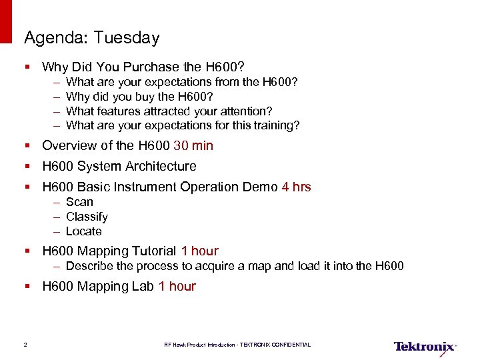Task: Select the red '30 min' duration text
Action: point(193,145)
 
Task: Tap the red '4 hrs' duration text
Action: point(296,187)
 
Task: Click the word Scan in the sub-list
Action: point(79,202)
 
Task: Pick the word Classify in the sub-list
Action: point(87,217)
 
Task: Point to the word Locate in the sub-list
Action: point(84,231)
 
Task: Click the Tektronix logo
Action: point(425,346)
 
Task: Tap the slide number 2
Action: point(25,345)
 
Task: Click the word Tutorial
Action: point(154,251)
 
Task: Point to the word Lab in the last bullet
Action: point(143,286)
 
